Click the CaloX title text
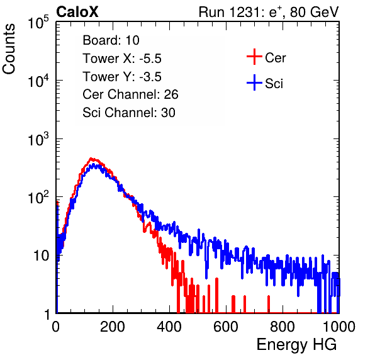pos(77,12)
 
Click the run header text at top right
pos(269,12)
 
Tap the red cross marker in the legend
pos(254,57)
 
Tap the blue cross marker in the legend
pos(254,82)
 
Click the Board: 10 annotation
pos(111,40)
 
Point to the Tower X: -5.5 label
pos(122,59)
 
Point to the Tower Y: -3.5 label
pos(122,77)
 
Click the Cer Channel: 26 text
pos(130,94)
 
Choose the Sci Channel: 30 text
pos(129,113)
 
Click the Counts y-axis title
pos(9,49)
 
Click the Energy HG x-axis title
pos(296,344)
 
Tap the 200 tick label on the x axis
pos(113,327)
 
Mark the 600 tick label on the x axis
pos(226,327)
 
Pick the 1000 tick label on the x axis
pos(339,327)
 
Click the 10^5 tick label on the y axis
pos(38,23)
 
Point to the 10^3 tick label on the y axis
pos(38,139)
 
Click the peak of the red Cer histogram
pos(91,159)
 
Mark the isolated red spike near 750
pos(269,304)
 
